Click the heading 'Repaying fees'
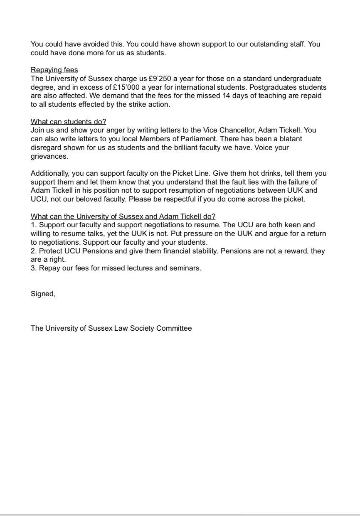54,70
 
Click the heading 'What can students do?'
68,122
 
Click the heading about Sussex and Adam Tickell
123,217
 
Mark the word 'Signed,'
43,294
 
